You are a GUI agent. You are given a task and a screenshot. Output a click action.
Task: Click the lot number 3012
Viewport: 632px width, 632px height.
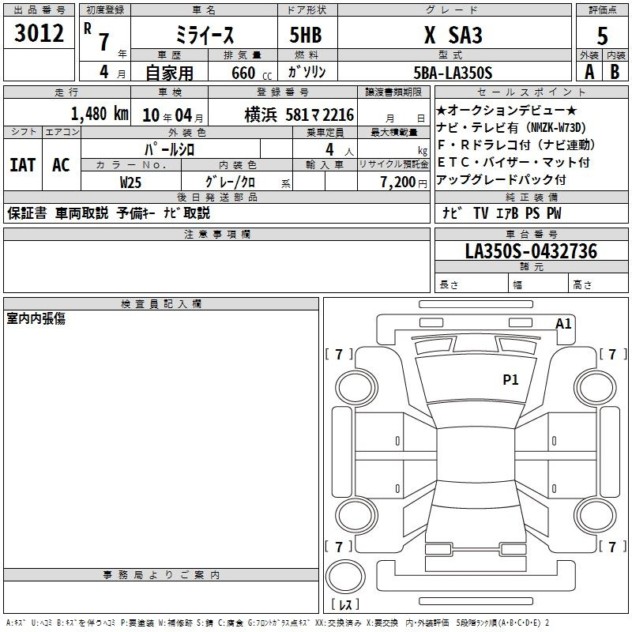click(x=39, y=33)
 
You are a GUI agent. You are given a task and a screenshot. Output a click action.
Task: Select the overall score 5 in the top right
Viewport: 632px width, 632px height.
click(x=602, y=36)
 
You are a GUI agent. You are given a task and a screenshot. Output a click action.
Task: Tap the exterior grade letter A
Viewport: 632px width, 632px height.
click(x=589, y=72)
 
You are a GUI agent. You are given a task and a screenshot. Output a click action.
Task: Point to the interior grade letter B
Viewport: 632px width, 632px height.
click(x=615, y=72)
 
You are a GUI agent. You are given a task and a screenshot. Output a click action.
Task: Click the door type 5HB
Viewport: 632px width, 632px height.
click(x=306, y=35)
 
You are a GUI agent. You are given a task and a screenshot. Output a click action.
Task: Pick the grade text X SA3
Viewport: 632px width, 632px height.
click(x=453, y=35)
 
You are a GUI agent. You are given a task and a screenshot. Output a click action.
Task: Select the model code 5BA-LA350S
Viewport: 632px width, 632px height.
click(x=453, y=73)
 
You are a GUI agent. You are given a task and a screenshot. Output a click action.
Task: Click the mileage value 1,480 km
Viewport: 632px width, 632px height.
click(x=100, y=114)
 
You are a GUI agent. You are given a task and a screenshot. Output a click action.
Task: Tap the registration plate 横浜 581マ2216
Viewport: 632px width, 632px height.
click(x=299, y=115)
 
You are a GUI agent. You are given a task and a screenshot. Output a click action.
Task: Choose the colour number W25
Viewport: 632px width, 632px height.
click(x=130, y=182)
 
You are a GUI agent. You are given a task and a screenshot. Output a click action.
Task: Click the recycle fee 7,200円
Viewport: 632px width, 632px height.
click(x=404, y=182)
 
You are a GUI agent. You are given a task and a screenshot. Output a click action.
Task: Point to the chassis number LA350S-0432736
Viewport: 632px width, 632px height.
click(x=531, y=251)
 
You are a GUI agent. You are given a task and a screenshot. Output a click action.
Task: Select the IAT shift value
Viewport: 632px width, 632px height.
click(x=23, y=165)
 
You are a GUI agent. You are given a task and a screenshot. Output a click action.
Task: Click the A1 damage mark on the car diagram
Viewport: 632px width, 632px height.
click(x=563, y=324)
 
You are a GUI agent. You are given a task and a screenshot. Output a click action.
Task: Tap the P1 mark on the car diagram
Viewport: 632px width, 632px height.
click(x=510, y=379)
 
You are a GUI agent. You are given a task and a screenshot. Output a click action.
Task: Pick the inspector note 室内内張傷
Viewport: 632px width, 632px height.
click(x=36, y=318)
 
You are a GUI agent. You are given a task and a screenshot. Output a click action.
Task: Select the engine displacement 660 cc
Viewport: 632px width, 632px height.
click(x=251, y=73)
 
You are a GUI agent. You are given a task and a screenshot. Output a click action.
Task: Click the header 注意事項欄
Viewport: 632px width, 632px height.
click(x=216, y=234)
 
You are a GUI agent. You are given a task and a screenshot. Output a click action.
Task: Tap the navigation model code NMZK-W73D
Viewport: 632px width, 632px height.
click(x=556, y=128)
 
